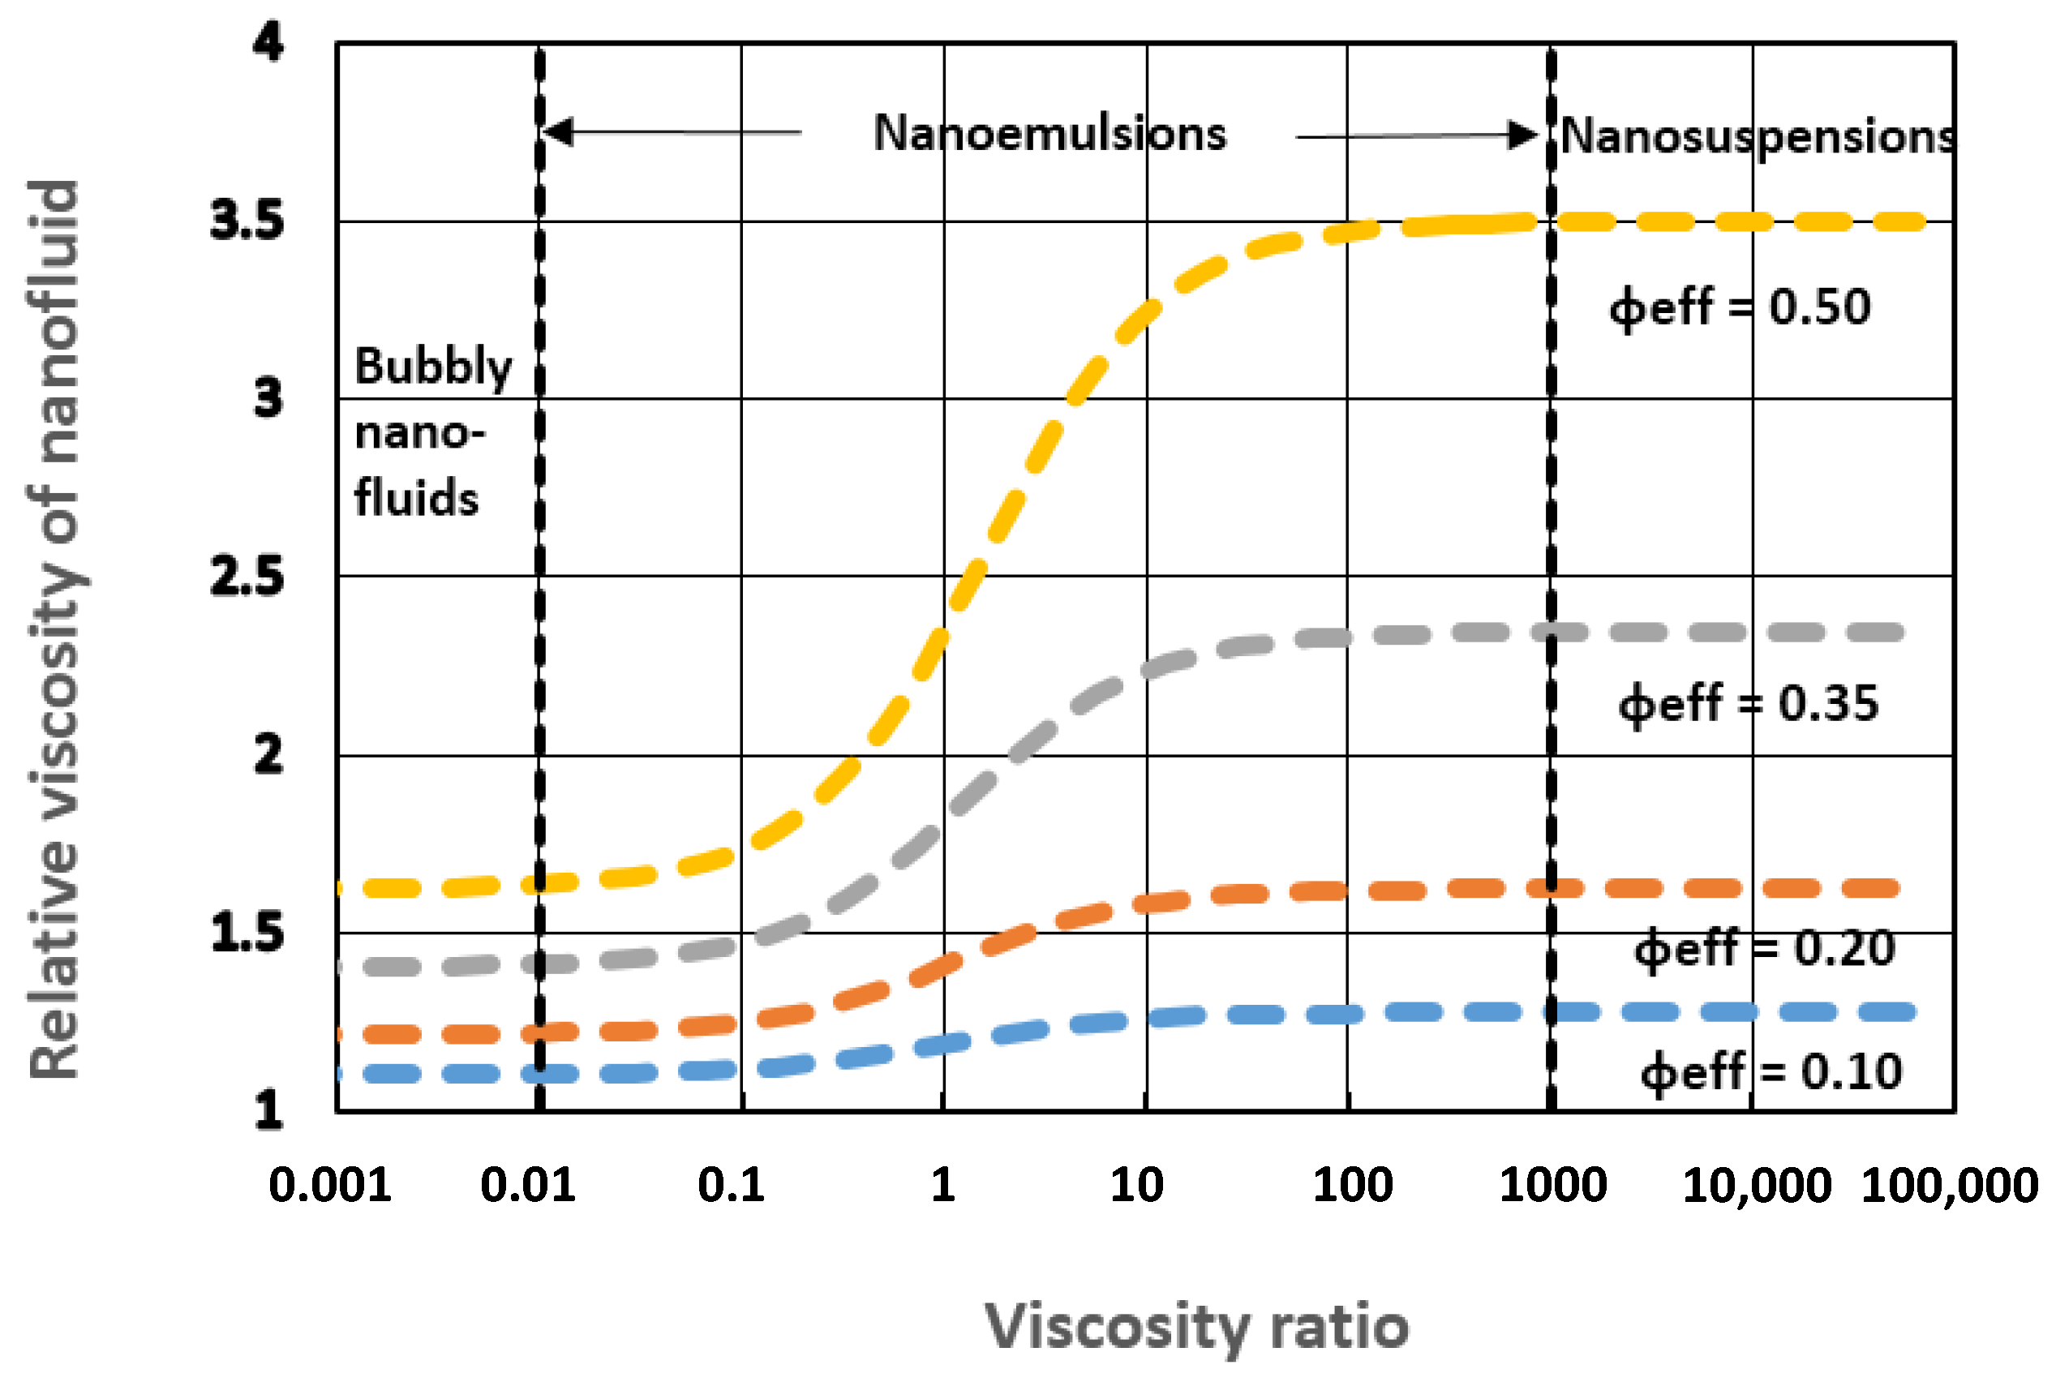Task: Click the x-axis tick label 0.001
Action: tap(329, 1185)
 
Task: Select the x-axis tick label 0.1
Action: tap(731, 1185)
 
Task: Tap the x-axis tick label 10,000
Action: tap(1757, 1186)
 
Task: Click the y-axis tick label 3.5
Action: tap(247, 221)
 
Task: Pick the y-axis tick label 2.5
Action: tap(247, 577)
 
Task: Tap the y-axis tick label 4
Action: tap(268, 41)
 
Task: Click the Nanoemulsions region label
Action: tap(1049, 134)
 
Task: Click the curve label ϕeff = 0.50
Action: tap(1739, 307)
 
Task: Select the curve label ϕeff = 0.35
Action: tap(1748, 704)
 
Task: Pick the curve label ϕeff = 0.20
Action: tap(1763, 949)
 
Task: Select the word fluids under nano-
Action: tap(416, 498)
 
